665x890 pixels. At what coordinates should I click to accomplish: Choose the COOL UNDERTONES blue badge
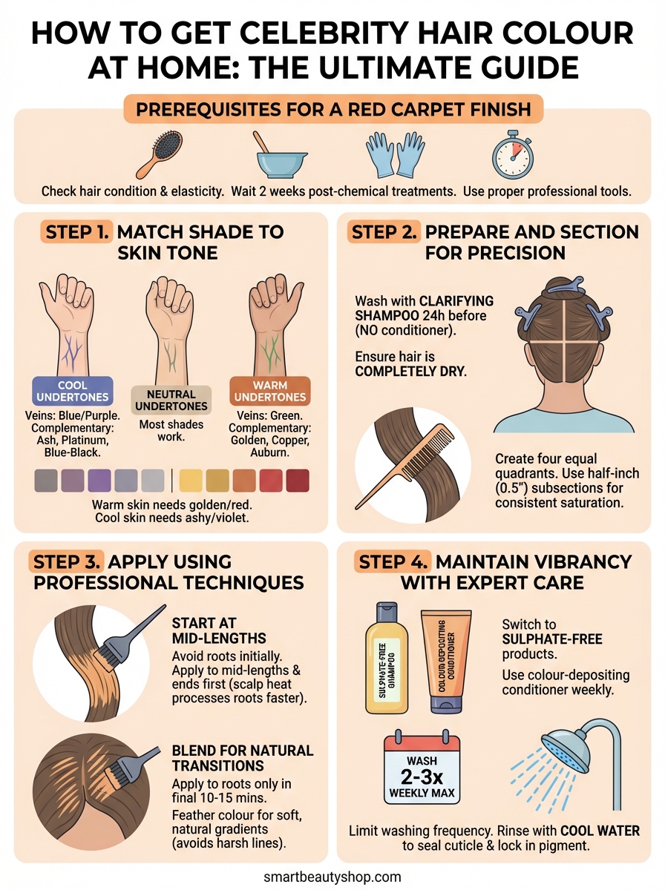click(x=72, y=391)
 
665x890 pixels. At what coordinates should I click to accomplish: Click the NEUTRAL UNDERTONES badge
click(x=171, y=400)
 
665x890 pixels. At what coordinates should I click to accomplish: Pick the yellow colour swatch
click(x=191, y=481)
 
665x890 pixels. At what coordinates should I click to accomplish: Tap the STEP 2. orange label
click(x=384, y=231)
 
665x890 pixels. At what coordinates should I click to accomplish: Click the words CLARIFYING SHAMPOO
click(x=423, y=309)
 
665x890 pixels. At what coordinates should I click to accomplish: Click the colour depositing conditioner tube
click(x=445, y=660)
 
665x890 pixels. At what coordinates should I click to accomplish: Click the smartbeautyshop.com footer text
click(x=332, y=877)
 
